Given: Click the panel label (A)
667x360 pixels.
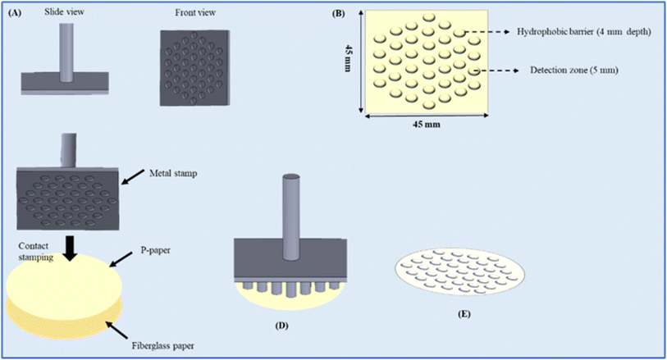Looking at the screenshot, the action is [x=15, y=13].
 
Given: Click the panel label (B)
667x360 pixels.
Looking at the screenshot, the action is [x=338, y=13].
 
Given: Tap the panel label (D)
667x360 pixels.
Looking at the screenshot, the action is [x=281, y=326].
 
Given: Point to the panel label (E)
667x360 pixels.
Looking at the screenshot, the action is [x=464, y=315].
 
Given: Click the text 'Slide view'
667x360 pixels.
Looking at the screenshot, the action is [x=64, y=12].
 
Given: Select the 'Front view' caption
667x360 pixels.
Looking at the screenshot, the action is [x=195, y=13].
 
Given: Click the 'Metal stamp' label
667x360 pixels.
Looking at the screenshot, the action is [x=173, y=173].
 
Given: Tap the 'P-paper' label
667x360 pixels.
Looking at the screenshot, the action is [x=156, y=250].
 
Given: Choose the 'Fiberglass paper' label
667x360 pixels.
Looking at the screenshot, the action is [x=162, y=346].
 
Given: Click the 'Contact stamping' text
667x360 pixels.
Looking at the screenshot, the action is [x=36, y=251].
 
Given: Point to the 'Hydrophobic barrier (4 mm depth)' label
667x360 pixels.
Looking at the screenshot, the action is [x=584, y=32].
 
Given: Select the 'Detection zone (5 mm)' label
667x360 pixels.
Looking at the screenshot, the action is [x=573, y=71].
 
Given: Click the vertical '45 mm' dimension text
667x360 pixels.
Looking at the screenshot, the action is [x=348, y=58].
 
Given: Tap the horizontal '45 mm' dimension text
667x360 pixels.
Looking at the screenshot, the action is [x=427, y=125].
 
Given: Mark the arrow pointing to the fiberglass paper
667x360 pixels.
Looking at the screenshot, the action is [x=116, y=330].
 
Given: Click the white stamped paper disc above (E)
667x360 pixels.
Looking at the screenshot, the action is [x=459, y=272].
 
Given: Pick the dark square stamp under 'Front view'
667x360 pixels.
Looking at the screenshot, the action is [x=194, y=67].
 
